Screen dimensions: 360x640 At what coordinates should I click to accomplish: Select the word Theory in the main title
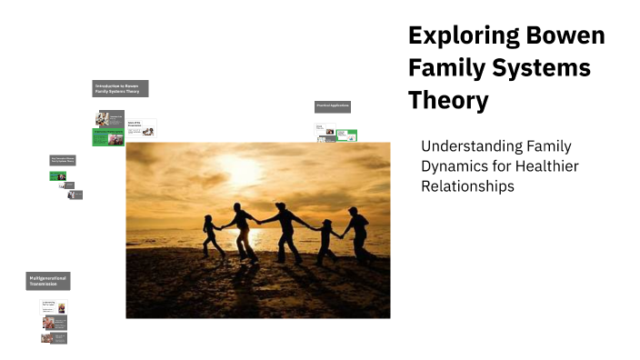tap(448, 100)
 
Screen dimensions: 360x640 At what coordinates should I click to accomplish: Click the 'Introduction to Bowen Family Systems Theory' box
tap(121, 88)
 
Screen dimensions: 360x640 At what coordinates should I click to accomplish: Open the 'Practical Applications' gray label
tap(333, 106)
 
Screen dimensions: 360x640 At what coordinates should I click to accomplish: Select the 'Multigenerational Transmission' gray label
tap(48, 281)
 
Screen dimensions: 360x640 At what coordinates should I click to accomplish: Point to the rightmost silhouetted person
tap(357, 234)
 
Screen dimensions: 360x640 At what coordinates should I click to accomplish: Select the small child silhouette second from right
tap(325, 238)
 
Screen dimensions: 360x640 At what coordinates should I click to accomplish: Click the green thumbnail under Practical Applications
tap(346, 135)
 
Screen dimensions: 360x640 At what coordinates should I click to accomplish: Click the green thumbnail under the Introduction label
tap(108, 136)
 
